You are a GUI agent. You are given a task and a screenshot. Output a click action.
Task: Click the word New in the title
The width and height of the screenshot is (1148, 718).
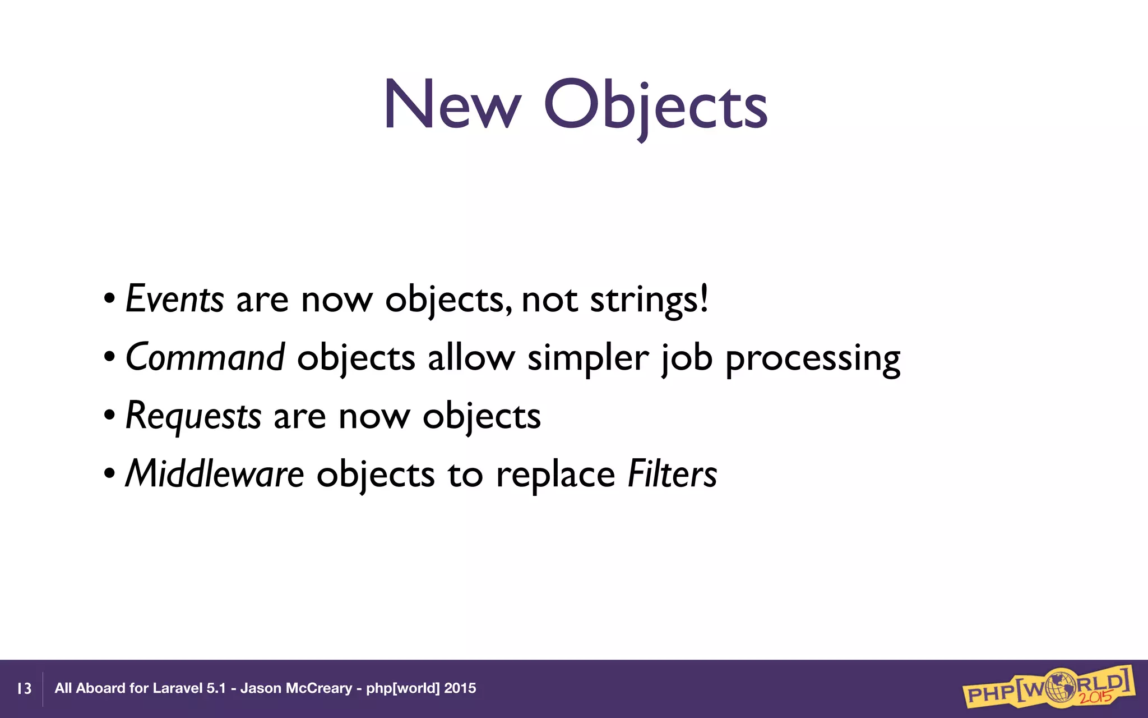452,105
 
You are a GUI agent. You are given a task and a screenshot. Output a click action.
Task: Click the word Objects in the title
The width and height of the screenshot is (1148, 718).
655,107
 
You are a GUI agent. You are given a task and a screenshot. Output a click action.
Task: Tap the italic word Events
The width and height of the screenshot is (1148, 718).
174,299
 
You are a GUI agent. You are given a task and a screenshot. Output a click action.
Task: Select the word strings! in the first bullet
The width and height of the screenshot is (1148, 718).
649,300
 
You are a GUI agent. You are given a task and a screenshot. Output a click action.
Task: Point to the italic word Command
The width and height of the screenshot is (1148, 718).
205,357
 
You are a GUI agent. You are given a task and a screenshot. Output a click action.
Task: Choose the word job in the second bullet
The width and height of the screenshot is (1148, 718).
687,358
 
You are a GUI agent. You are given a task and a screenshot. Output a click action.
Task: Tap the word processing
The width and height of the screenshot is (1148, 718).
813,360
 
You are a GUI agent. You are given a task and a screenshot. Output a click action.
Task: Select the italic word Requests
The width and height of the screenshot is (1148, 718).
193,416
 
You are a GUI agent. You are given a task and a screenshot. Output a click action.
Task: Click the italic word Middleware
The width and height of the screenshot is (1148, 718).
214,474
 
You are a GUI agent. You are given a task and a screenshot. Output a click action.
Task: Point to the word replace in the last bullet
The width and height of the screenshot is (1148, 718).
556,475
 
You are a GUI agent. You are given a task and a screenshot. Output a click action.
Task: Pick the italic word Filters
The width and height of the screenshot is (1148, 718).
672,474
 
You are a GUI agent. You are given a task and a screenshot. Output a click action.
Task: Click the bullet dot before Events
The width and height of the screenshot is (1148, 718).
110,298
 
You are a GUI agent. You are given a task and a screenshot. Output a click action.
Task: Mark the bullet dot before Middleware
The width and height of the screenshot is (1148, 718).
110,473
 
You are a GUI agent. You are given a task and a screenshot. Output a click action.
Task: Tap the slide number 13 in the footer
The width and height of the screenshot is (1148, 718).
24,688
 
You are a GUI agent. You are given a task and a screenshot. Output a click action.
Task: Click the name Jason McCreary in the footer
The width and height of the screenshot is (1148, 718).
296,688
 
